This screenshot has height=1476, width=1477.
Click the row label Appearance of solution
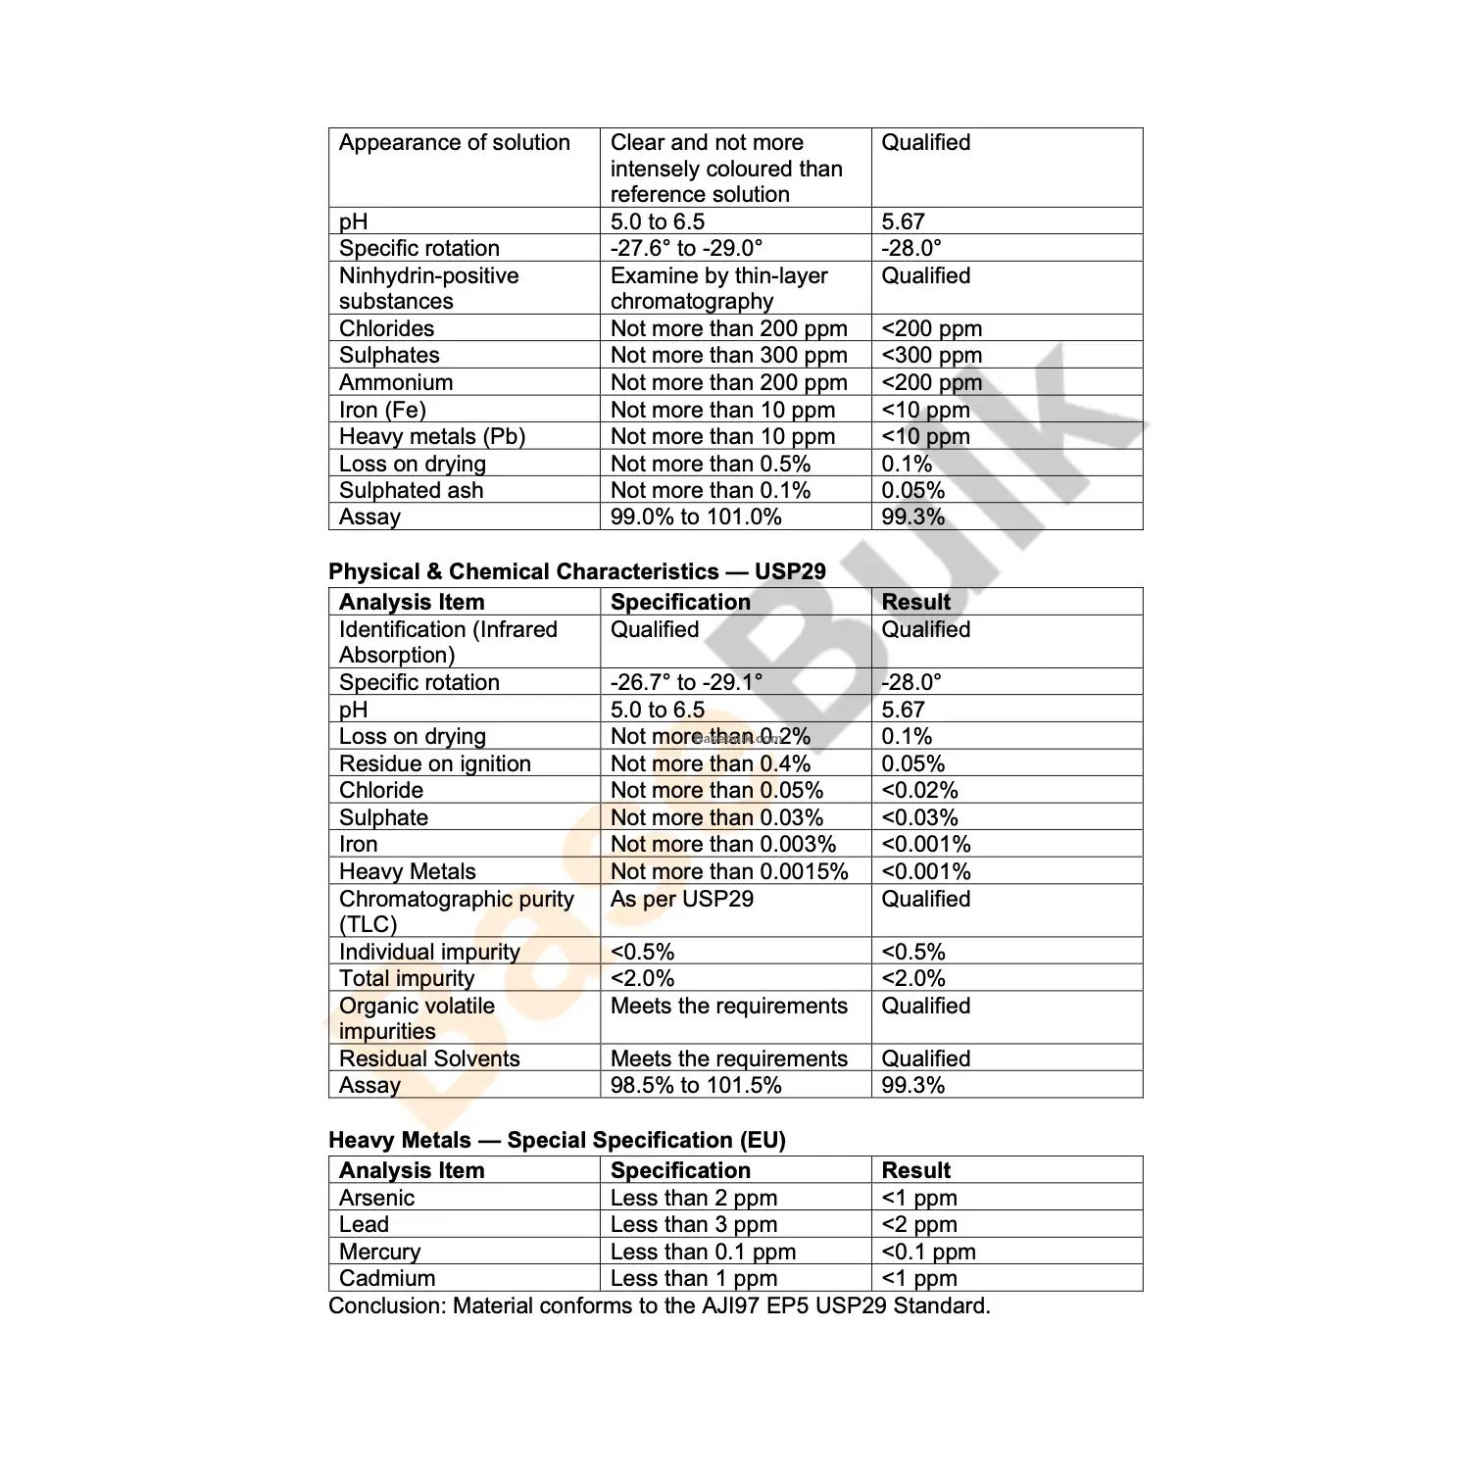[454, 143]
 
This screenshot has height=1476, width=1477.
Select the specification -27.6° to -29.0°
[686, 249]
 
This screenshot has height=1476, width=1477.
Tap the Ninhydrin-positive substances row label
[428, 288]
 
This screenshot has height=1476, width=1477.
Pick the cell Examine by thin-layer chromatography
[718, 288]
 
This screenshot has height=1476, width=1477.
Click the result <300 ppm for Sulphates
[931, 356]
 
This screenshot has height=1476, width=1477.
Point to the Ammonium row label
[396, 383]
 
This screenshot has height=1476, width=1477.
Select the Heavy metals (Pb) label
[431, 437]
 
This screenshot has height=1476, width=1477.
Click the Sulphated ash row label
[411, 491]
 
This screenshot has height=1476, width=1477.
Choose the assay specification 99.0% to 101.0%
[696, 517]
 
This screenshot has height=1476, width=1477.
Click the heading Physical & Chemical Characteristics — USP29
[576, 572]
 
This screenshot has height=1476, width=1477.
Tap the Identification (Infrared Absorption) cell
[447, 642]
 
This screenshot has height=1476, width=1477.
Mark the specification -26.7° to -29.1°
[686, 683]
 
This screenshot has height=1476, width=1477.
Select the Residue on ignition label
[434, 764]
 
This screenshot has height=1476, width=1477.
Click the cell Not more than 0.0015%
[728, 872]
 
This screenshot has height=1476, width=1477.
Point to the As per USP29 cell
[681, 900]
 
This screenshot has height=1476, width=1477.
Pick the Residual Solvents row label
[429, 1059]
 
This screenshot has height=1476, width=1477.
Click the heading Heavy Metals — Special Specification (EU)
[557, 1141]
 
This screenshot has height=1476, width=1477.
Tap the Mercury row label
[379, 1253]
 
